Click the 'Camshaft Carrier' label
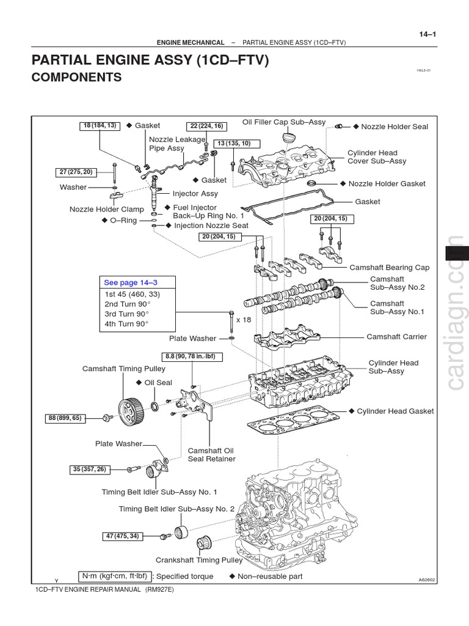396,337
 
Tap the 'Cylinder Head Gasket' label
395,411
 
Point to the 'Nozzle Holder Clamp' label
106,209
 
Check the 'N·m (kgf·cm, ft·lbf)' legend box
115,576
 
